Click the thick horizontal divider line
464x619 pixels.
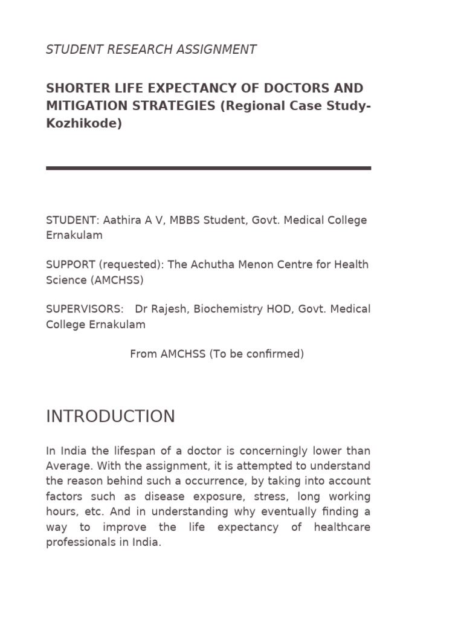click(x=208, y=168)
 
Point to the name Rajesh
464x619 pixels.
click(x=169, y=309)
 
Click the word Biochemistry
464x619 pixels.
click(x=228, y=309)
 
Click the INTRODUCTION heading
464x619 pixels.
click(x=111, y=416)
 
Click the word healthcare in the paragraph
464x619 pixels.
click(x=342, y=527)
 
